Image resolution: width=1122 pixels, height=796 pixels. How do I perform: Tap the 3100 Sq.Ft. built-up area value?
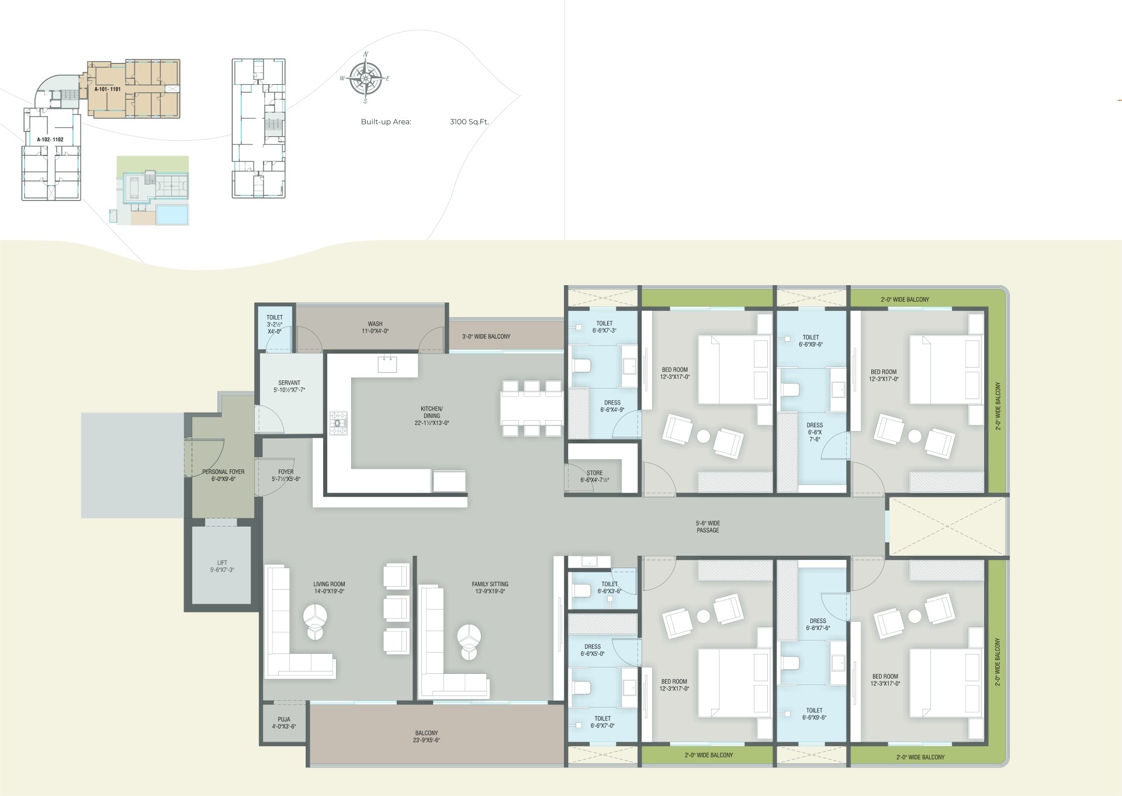[x=469, y=122]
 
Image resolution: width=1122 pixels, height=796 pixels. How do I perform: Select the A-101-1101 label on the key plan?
[x=108, y=89]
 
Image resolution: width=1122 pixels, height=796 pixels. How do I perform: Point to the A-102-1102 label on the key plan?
[x=50, y=140]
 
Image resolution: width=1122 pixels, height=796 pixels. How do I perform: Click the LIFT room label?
[x=222, y=566]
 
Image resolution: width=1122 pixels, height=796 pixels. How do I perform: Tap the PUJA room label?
[x=284, y=723]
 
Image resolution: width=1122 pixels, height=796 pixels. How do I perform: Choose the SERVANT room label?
[x=289, y=386]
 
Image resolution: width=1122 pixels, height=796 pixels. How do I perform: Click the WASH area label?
[x=375, y=327]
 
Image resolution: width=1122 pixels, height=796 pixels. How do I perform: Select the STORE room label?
[x=595, y=476]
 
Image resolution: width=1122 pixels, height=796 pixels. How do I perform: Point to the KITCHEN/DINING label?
[x=432, y=416]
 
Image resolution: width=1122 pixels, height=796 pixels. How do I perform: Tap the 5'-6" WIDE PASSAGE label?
[x=708, y=527]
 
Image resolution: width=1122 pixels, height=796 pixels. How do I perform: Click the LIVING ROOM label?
[x=329, y=587]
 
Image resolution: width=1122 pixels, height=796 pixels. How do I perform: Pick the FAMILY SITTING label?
[x=490, y=587]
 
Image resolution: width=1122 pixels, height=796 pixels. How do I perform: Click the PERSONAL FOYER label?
[x=223, y=475]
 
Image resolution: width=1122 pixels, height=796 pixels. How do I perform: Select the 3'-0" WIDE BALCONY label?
[x=486, y=337]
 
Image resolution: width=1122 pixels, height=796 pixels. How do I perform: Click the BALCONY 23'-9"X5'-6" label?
[x=427, y=736]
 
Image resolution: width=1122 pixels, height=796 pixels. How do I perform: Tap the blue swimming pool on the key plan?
[x=172, y=214]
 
